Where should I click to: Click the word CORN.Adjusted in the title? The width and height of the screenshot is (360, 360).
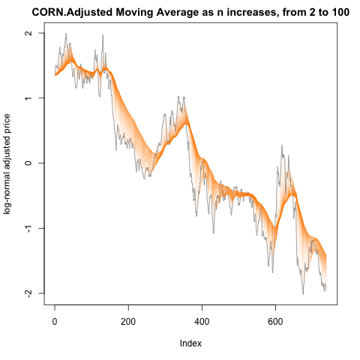pyautogui.click(x=72, y=13)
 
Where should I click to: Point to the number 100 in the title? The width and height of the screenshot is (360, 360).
pyautogui.click(x=340, y=12)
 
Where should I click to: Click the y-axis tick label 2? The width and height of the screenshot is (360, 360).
pyautogui.click(x=29, y=33)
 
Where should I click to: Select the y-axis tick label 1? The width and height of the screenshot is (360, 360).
pyautogui.click(x=29, y=98)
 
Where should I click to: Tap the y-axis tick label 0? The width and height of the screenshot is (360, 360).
pyautogui.click(x=29, y=163)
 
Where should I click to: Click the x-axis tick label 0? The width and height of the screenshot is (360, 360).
pyautogui.click(x=55, y=322)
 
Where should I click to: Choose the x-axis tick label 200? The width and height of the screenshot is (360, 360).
pyautogui.click(x=128, y=322)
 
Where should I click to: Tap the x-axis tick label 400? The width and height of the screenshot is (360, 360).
pyautogui.click(x=202, y=322)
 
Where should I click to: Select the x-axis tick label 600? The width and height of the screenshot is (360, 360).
pyautogui.click(x=275, y=322)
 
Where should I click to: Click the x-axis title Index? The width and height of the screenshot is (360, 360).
pyautogui.click(x=190, y=343)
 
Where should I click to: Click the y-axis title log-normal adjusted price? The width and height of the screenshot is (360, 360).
pyautogui.click(x=7, y=163)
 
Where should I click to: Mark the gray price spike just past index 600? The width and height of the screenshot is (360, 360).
pyautogui.click(x=282, y=145)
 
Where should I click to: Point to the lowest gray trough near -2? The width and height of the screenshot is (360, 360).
pyautogui.click(x=303, y=294)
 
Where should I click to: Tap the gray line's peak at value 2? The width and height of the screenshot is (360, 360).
pyautogui.click(x=66, y=34)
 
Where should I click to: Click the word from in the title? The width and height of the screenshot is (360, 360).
pyautogui.click(x=294, y=13)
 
